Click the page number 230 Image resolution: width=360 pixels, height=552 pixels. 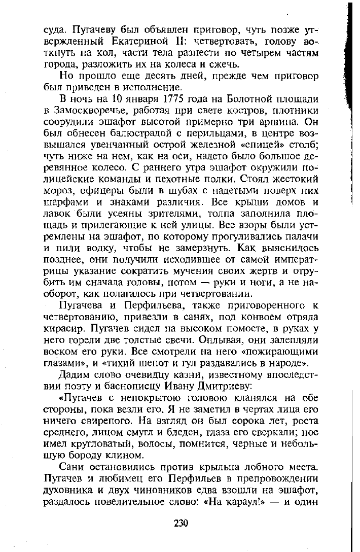coord(180,523)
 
